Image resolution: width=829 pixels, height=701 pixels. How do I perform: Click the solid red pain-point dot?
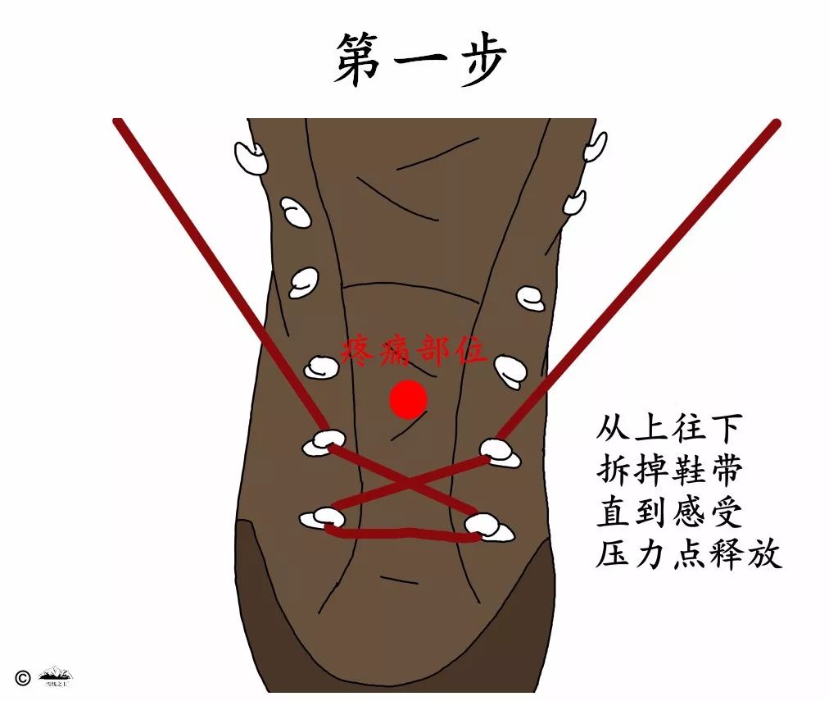pos(408,400)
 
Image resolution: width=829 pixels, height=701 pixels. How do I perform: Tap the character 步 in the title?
pos(478,60)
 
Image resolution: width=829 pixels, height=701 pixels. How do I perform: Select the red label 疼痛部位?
pos(414,351)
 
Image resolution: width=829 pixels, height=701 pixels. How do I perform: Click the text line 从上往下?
pos(669,429)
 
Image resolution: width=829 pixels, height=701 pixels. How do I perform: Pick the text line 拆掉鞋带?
pos(669,471)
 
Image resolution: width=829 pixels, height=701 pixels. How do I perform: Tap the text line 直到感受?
pos(669,513)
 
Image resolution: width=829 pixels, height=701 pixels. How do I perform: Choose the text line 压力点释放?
pos(689,555)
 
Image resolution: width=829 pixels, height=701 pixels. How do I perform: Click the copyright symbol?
pos(22,677)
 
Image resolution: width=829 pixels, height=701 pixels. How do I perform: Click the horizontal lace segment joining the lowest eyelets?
pos(401,535)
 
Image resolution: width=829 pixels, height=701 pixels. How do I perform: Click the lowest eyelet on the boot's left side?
pos(321,518)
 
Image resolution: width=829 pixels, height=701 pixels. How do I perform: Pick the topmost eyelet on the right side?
pos(596,146)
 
